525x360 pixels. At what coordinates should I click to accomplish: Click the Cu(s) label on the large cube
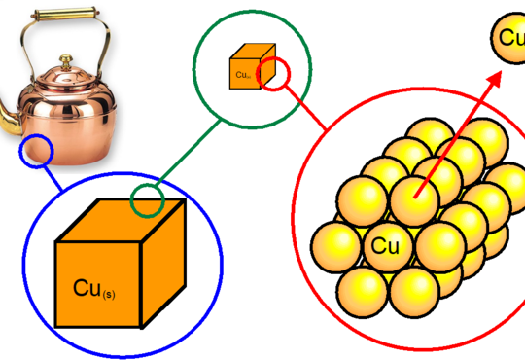[x=94, y=288]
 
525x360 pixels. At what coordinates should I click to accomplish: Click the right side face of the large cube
[x=161, y=263]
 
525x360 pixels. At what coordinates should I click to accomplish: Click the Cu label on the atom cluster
[x=385, y=246]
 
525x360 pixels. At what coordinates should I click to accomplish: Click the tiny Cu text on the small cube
[x=241, y=73]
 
